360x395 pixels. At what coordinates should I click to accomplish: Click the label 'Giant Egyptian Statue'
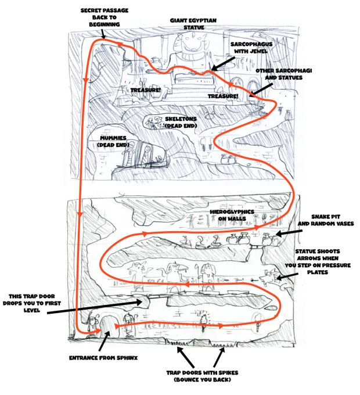(x=192, y=23)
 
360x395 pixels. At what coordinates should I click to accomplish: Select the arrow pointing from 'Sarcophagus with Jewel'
(x=221, y=64)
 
